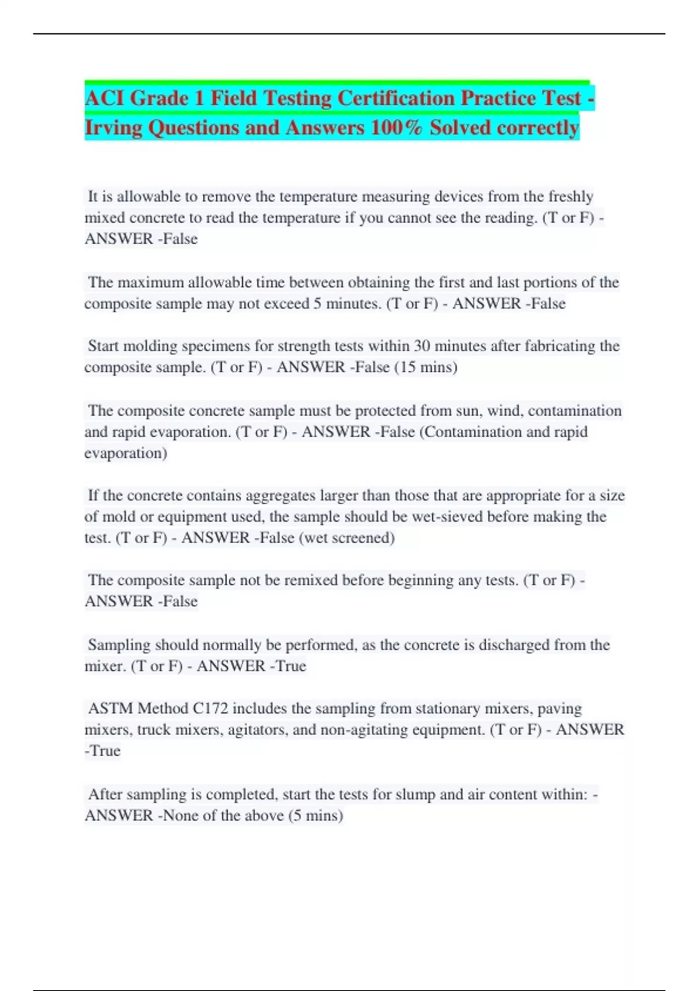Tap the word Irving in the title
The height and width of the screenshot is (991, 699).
[x=114, y=128]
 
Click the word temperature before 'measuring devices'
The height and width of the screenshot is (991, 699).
[x=318, y=196]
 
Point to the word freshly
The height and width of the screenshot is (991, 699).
[x=571, y=196]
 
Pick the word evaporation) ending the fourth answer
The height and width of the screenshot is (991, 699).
[x=126, y=453]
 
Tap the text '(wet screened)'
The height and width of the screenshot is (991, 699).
[x=347, y=537]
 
